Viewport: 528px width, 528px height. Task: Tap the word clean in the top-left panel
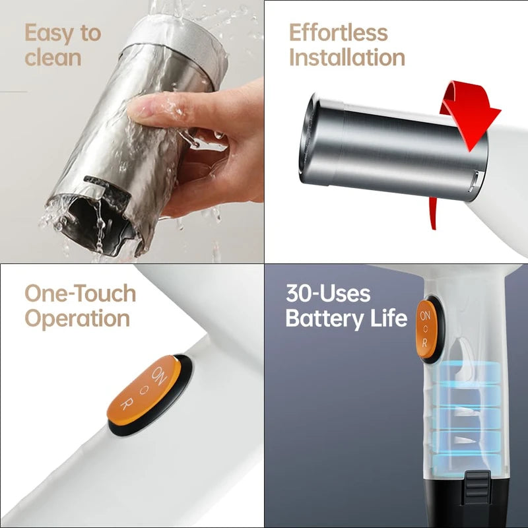tap(53, 57)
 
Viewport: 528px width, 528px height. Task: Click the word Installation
tap(346, 57)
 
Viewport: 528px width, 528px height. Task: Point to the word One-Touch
tap(80, 293)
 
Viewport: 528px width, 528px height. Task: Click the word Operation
tap(77, 318)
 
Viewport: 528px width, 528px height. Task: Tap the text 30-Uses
tap(328, 294)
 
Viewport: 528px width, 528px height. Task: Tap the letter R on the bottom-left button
tap(126, 405)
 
